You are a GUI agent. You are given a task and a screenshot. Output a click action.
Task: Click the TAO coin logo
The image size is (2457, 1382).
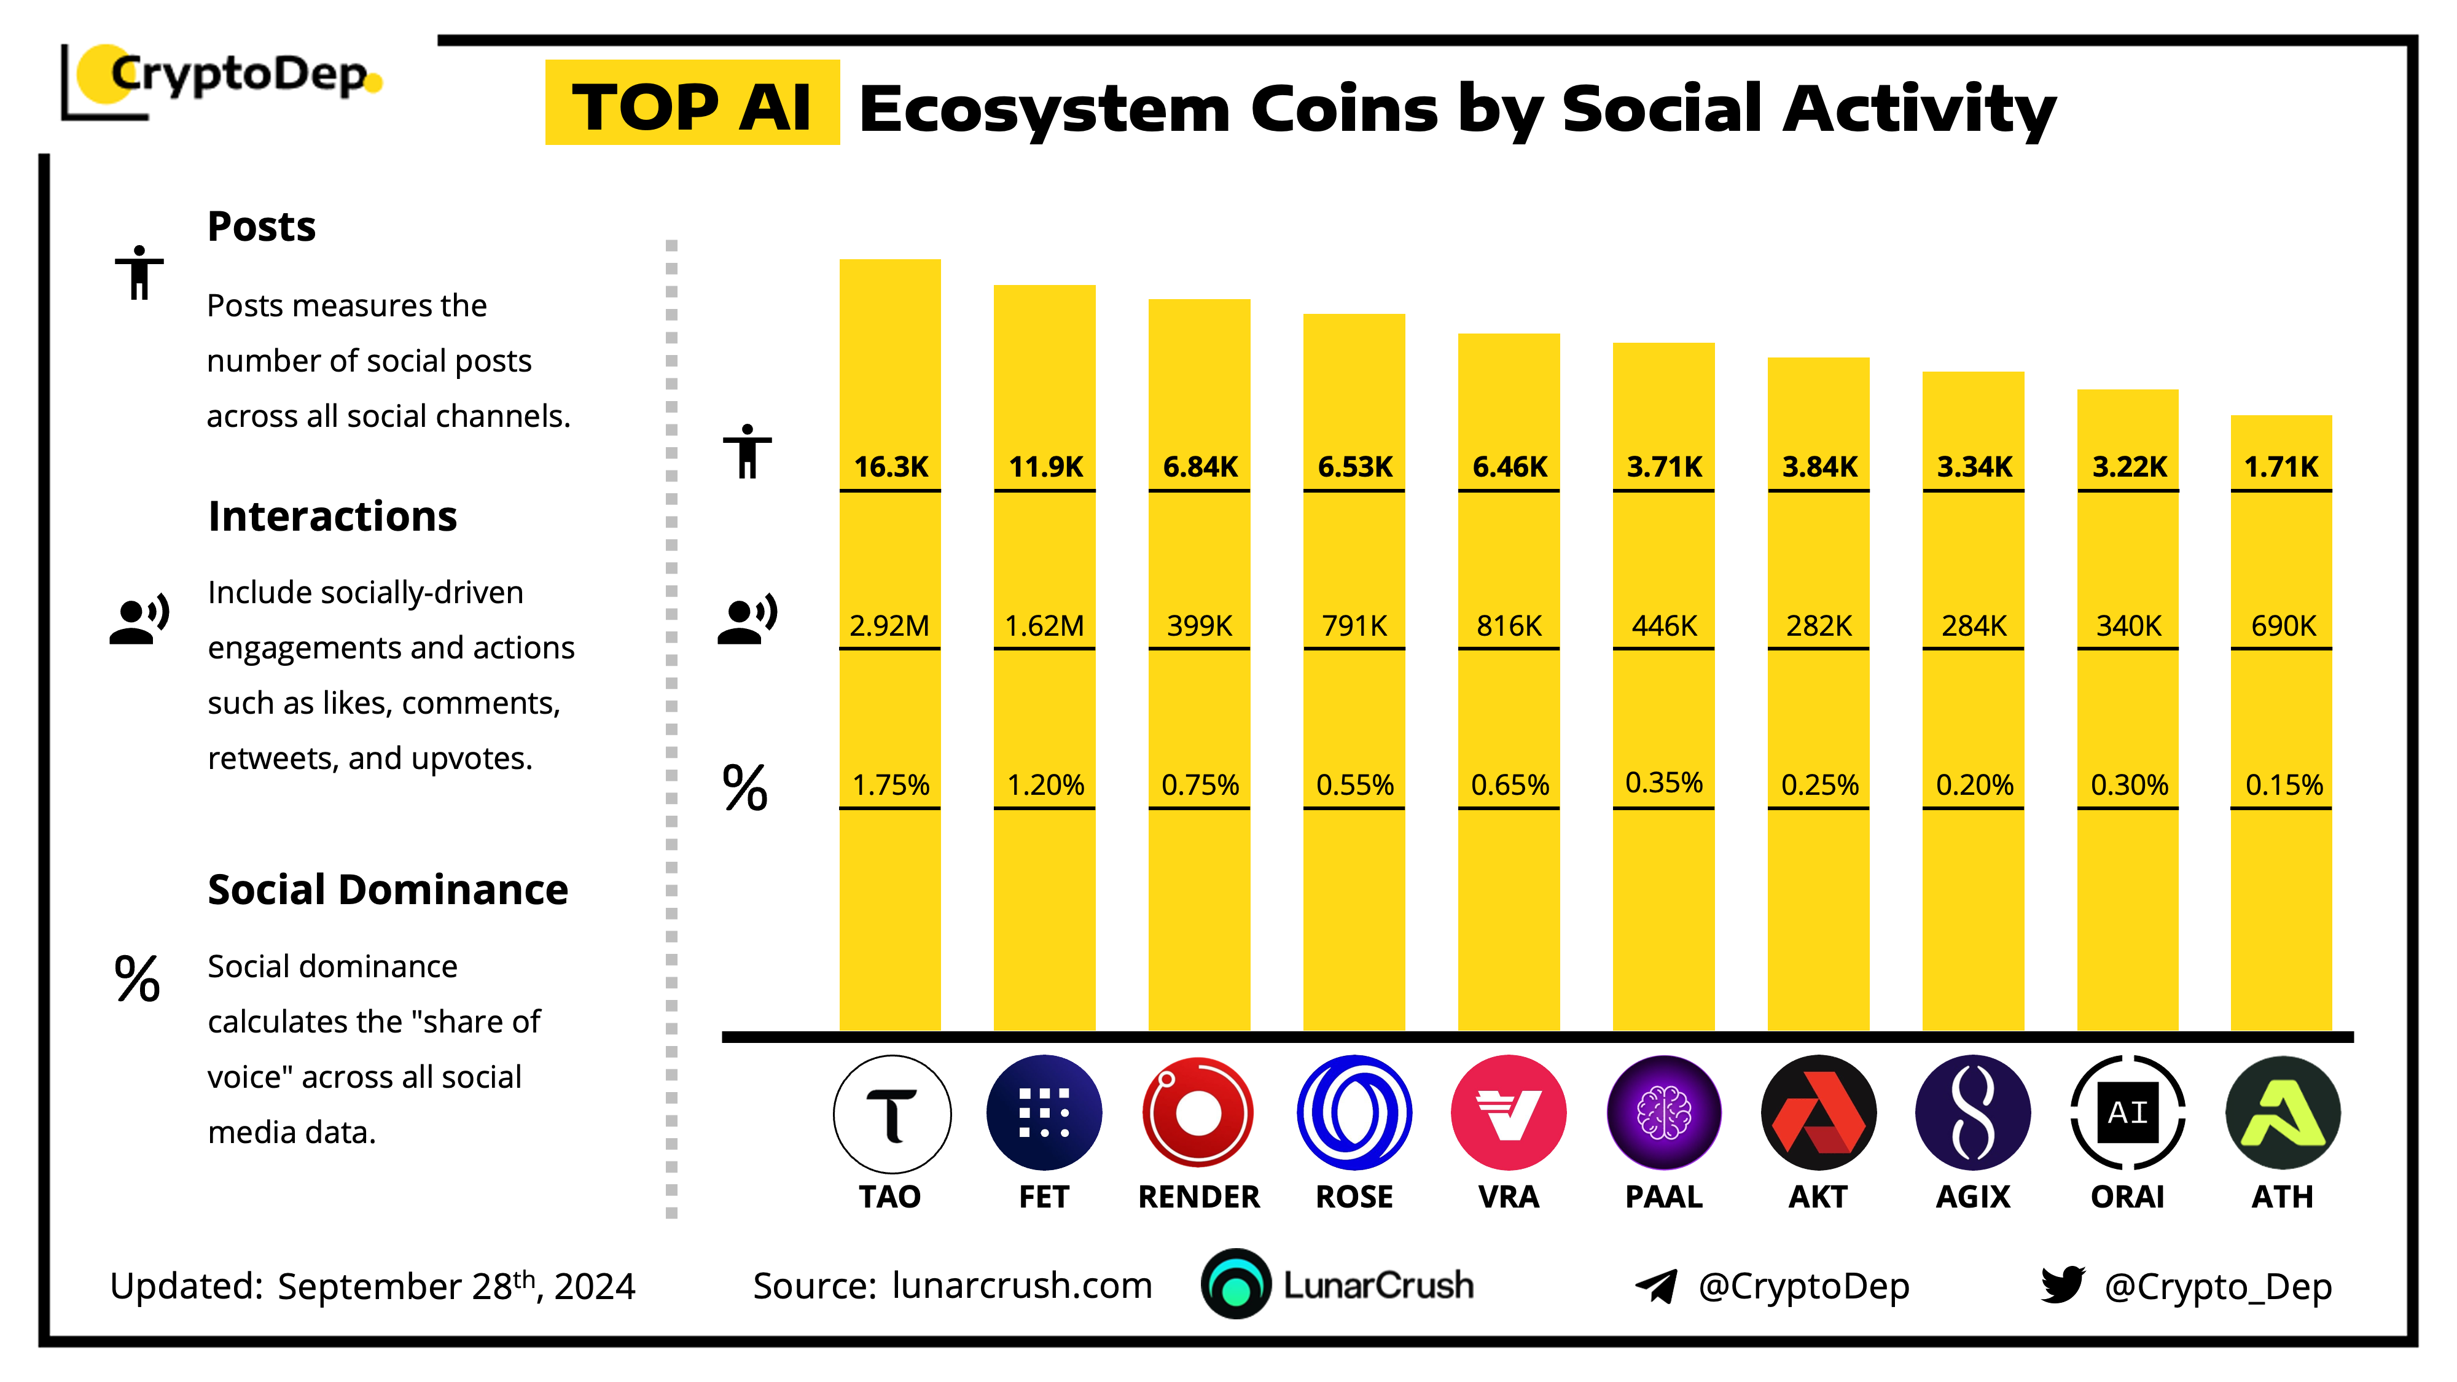pos(891,1113)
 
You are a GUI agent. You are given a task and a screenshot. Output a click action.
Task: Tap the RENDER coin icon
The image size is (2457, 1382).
pos(1198,1113)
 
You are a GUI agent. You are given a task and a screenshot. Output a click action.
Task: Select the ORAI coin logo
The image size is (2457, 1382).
pos(2127,1113)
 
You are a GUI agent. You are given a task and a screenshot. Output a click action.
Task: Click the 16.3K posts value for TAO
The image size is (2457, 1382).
pos(891,466)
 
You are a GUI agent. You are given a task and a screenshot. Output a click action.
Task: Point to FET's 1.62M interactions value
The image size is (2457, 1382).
pos(1044,626)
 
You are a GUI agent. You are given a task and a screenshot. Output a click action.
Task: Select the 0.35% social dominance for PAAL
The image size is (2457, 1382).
pos(1663,783)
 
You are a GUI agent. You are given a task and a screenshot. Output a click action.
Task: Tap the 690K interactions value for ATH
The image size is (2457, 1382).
pos(2283,626)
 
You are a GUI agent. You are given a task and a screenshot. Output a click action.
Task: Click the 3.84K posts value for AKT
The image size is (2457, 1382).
pos(1819,466)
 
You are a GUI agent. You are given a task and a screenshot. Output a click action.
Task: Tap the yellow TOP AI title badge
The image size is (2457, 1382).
pos(692,105)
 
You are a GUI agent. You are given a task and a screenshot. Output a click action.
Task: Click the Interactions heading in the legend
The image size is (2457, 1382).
pos(332,516)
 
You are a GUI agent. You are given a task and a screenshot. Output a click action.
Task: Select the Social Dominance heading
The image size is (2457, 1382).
pos(387,890)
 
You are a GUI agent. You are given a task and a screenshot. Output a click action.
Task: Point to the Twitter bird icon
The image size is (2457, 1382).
pos(2061,1285)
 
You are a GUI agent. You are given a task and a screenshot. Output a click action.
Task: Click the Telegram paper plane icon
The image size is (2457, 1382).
pos(1657,1286)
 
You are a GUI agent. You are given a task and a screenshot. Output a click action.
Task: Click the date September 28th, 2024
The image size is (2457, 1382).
pos(456,1286)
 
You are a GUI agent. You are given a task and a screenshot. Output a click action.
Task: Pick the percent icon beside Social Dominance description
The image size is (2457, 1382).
pos(138,978)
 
